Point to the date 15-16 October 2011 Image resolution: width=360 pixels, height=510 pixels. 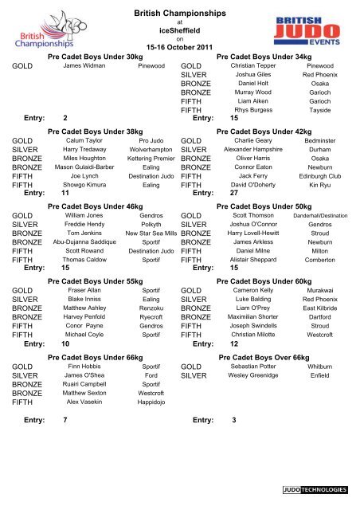(x=179, y=47)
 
